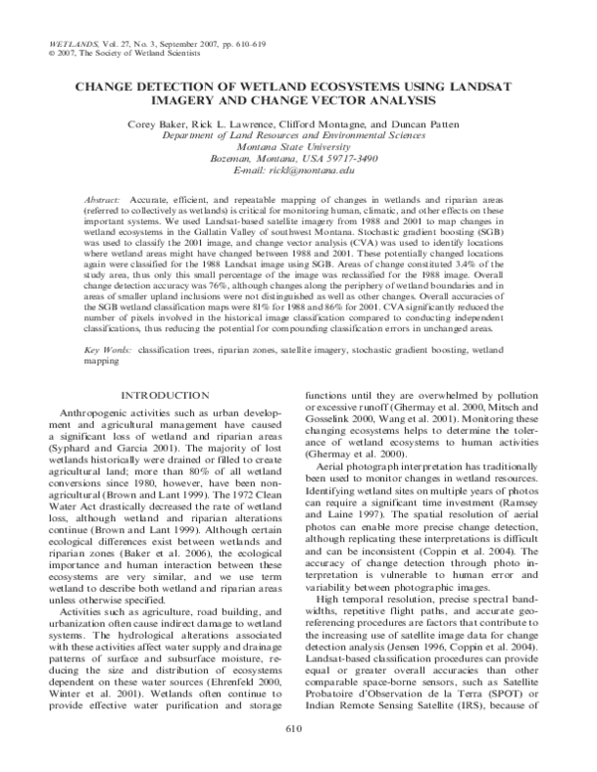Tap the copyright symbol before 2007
click(x=51, y=56)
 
